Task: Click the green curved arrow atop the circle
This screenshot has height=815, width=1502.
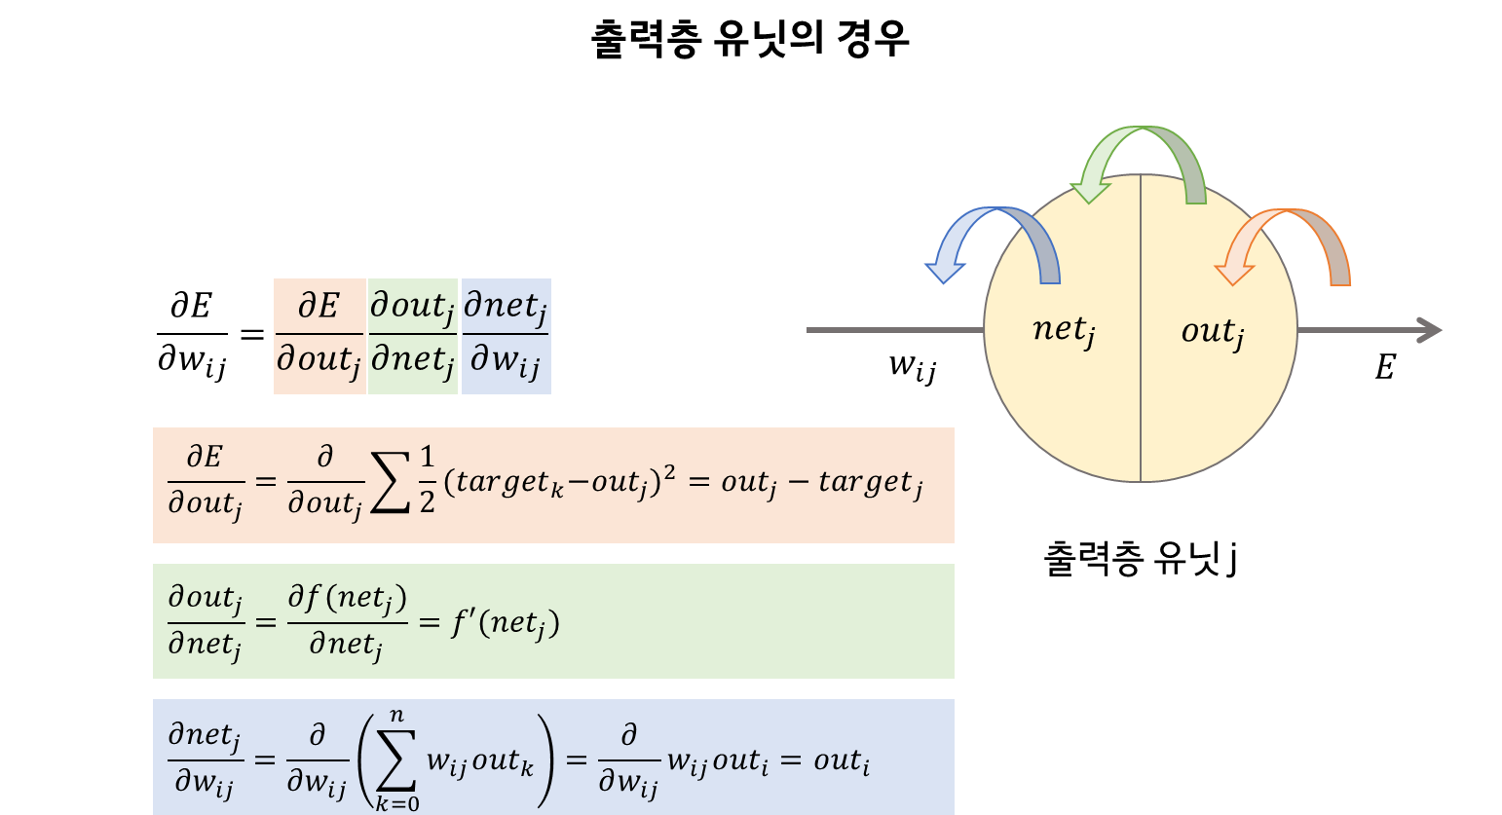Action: coord(1140,146)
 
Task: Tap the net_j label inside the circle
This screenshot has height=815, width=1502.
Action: coord(1064,331)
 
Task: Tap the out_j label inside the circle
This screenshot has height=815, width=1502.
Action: coord(1213,332)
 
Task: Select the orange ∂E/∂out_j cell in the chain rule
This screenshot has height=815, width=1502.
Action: coord(319,336)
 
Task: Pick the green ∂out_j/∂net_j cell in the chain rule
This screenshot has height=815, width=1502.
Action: coord(413,336)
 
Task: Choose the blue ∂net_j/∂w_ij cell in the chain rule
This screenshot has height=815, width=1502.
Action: coord(506,336)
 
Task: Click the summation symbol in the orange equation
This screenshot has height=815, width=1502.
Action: coord(390,483)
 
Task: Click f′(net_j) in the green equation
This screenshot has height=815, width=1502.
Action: coord(505,623)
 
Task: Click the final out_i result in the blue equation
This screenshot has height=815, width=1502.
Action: coord(842,761)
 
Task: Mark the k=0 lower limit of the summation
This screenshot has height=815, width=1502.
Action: coord(397,804)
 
